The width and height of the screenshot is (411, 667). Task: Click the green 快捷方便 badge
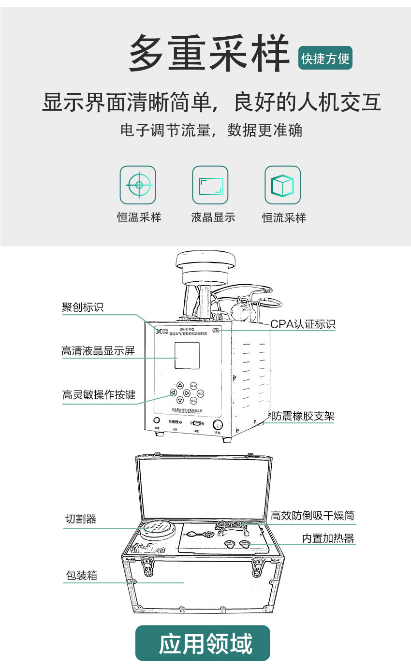[x=325, y=58]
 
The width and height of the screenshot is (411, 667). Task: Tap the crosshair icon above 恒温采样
[x=138, y=185]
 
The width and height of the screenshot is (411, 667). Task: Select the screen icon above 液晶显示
[x=210, y=185]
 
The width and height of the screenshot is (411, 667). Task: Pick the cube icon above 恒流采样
[x=282, y=185]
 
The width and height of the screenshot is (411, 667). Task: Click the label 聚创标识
[x=83, y=307]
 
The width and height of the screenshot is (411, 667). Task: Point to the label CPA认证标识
[x=303, y=324]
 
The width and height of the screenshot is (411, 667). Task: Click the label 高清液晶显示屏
[x=98, y=351]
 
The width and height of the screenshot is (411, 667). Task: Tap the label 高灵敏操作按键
[x=99, y=395]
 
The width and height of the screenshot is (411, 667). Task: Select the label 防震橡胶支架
[x=303, y=416]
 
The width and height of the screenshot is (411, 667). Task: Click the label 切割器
[x=81, y=519]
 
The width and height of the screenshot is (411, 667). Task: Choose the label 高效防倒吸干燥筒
[x=313, y=516]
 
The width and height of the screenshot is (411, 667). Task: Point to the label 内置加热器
[x=328, y=538]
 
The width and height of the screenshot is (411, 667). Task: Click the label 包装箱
[x=81, y=576]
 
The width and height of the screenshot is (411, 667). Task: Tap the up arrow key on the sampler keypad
[x=180, y=385]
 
